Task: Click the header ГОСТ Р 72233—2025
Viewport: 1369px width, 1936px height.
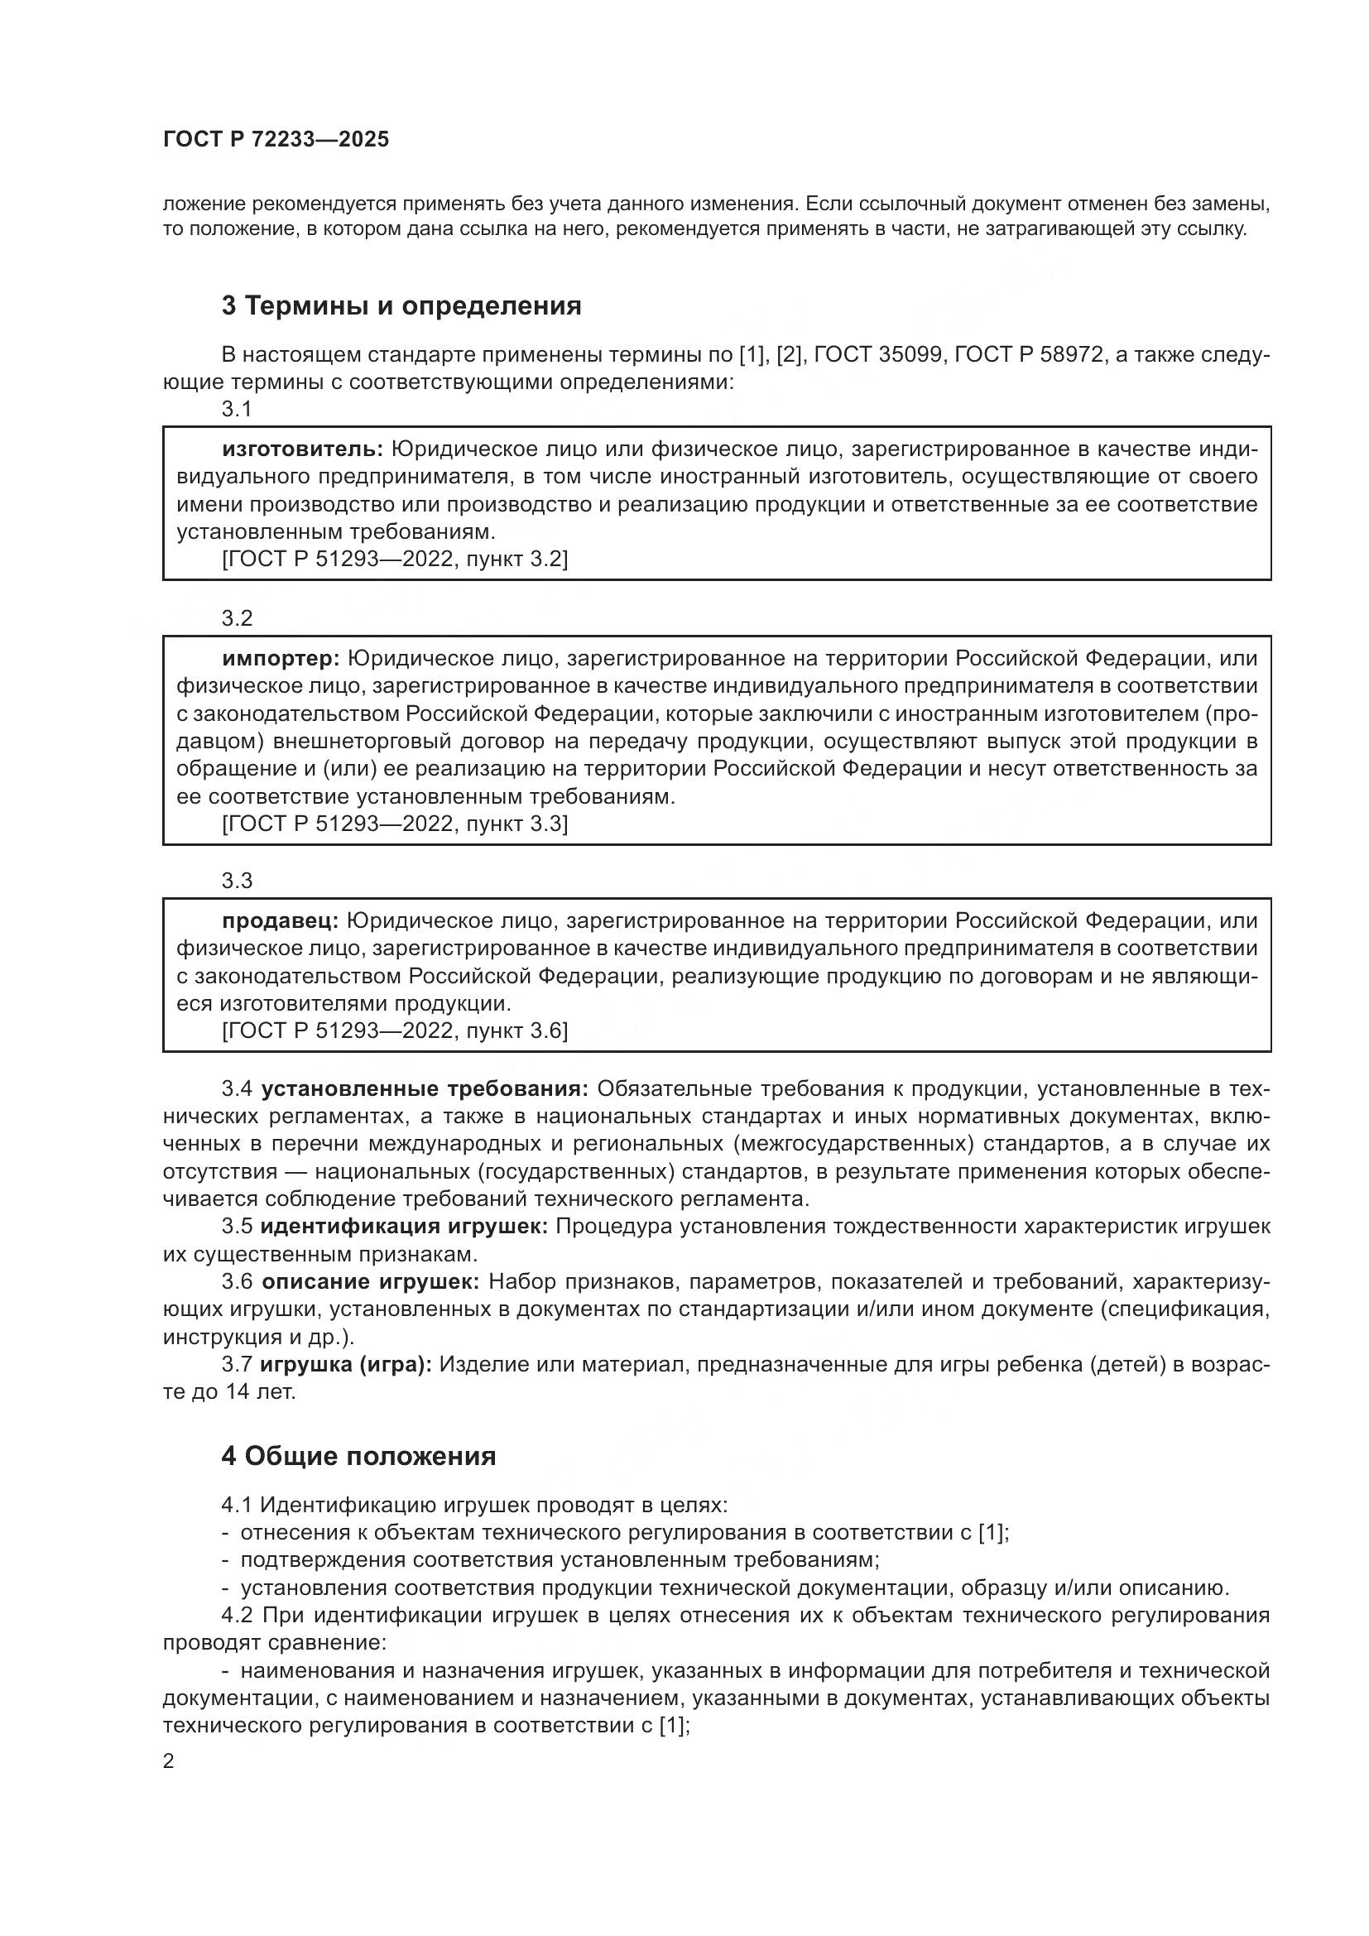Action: [276, 140]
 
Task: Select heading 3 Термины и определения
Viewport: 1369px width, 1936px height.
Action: [401, 306]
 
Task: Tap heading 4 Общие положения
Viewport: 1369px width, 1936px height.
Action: [358, 1457]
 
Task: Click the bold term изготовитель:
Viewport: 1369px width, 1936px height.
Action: [303, 449]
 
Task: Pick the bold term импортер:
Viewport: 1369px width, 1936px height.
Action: [281, 659]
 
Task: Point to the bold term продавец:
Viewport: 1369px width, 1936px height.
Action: [280, 920]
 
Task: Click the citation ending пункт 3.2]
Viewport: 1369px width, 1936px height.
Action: [395, 560]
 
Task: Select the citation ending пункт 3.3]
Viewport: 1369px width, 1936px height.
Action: [395, 824]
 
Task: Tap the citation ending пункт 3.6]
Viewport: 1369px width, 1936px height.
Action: [395, 1031]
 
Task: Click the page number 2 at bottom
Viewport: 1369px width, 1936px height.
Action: [169, 1761]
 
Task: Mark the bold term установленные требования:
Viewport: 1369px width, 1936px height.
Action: [425, 1089]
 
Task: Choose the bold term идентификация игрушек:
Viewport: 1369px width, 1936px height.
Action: [404, 1227]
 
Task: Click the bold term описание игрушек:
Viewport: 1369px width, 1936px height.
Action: [371, 1282]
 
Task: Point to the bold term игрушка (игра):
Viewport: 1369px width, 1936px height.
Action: [346, 1365]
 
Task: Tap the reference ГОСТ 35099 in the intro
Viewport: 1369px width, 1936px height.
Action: [878, 355]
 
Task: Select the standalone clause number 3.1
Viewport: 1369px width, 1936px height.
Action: [237, 410]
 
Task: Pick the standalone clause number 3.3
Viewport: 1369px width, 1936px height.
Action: [237, 882]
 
